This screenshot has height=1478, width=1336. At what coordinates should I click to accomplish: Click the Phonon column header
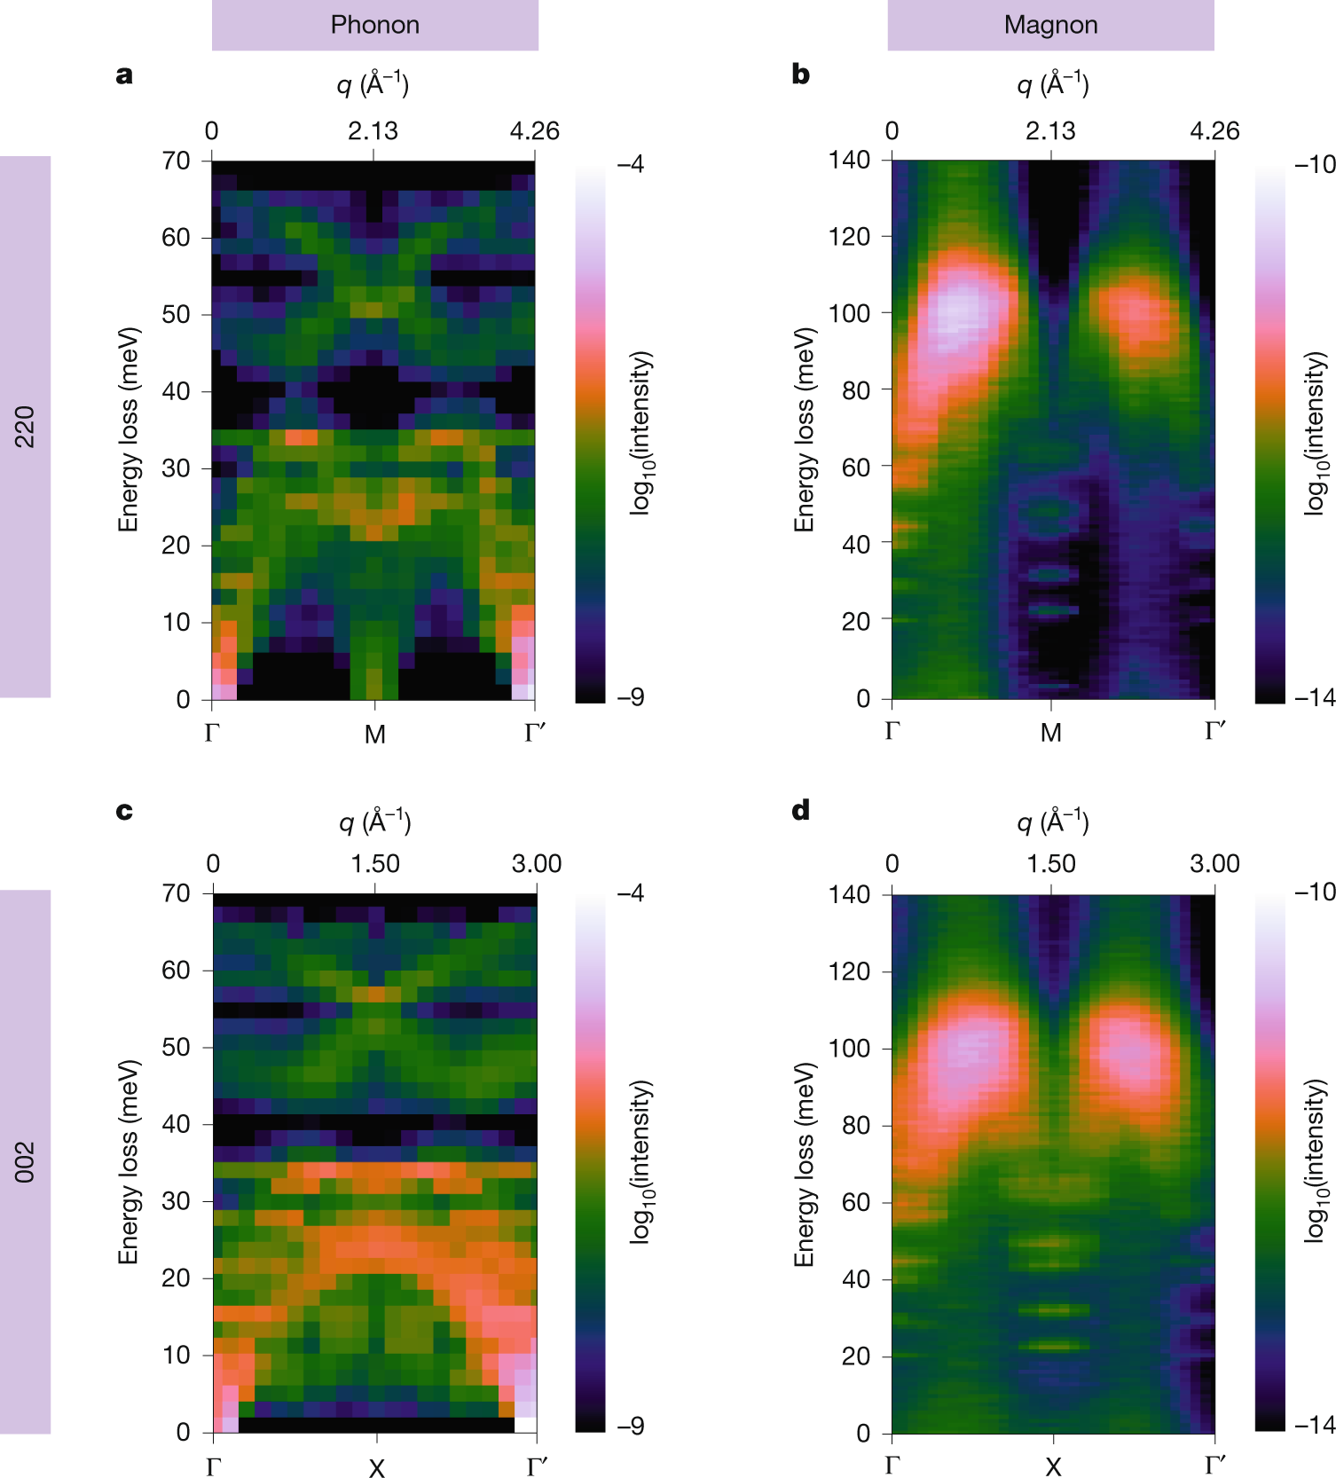[374, 25]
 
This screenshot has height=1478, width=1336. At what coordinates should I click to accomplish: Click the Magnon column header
[1050, 25]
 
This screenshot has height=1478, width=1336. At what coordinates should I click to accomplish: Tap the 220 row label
[25, 427]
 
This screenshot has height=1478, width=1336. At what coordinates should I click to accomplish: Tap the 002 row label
[25, 1161]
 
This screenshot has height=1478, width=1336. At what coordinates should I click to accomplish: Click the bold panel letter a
[124, 75]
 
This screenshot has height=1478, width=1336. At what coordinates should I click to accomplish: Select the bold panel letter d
[800, 811]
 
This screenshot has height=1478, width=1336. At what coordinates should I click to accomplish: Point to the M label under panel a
[374, 735]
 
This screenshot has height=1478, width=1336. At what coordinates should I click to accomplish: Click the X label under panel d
[1053, 1466]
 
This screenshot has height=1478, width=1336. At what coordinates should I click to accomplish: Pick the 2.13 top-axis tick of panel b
[1050, 131]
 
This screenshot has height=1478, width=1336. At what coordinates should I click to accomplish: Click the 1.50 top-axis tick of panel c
[375, 864]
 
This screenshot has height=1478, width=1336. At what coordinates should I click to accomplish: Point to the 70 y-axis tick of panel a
[176, 161]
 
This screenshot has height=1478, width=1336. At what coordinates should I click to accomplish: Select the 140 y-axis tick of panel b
[849, 160]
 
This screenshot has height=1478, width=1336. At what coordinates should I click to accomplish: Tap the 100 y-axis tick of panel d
[849, 1048]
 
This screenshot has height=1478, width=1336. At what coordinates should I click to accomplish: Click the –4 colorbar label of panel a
[630, 164]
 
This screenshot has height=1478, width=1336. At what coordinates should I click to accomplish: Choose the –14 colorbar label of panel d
[1315, 1425]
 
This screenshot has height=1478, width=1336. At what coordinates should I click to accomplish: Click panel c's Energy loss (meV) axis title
[130, 1161]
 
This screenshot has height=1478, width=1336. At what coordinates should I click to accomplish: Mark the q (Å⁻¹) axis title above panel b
[1052, 84]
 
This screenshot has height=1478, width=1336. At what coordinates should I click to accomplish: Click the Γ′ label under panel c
[536, 1466]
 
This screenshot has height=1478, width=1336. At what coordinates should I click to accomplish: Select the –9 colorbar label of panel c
[630, 1426]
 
